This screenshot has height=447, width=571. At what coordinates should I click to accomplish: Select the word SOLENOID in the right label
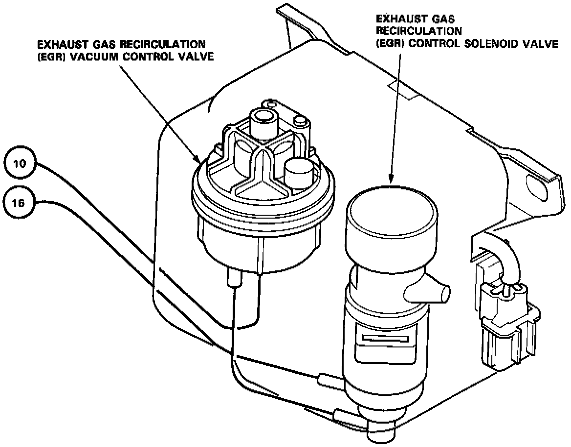[480, 43]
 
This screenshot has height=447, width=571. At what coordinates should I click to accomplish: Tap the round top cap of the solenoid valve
[391, 207]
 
